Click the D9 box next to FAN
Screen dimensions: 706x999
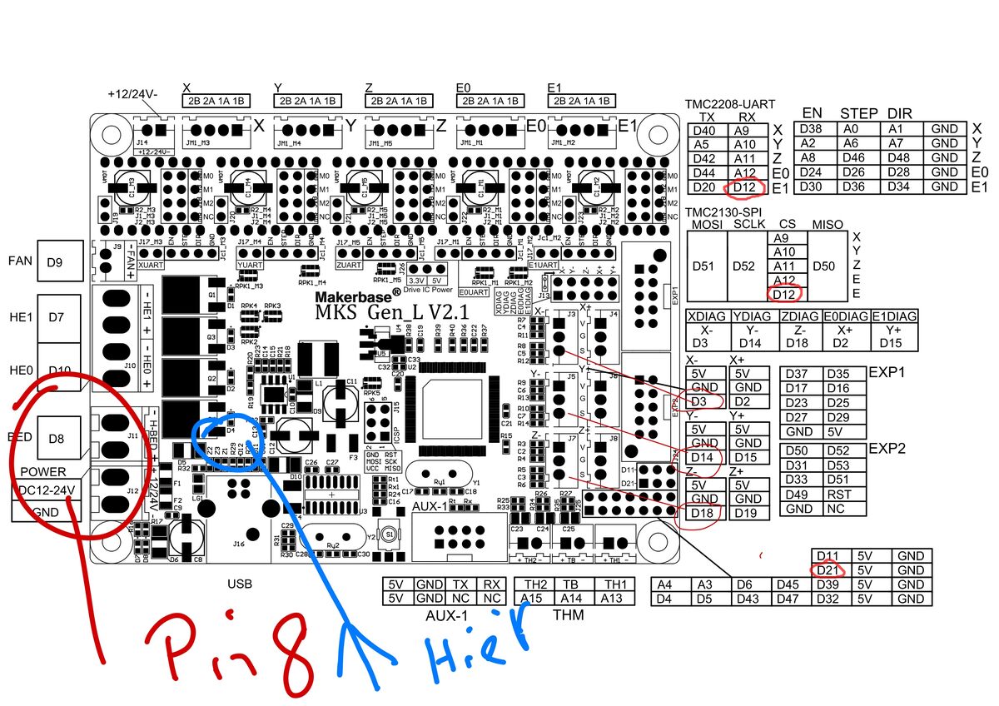tap(55, 261)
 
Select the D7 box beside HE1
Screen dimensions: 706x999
tap(55, 317)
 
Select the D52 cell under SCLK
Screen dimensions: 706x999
tap(746, 266)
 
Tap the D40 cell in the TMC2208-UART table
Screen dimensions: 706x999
tap(704, 131)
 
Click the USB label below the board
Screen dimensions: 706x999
tap(240, 584)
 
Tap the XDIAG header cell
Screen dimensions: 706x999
tap(708, 316)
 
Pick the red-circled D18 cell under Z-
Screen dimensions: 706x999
tap(704, 513)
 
